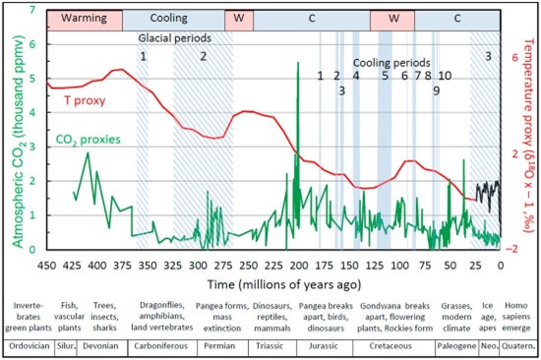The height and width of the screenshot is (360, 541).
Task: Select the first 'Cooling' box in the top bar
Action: (x=174, y=19)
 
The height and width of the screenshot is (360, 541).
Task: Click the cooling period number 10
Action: (x=445, y=76)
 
